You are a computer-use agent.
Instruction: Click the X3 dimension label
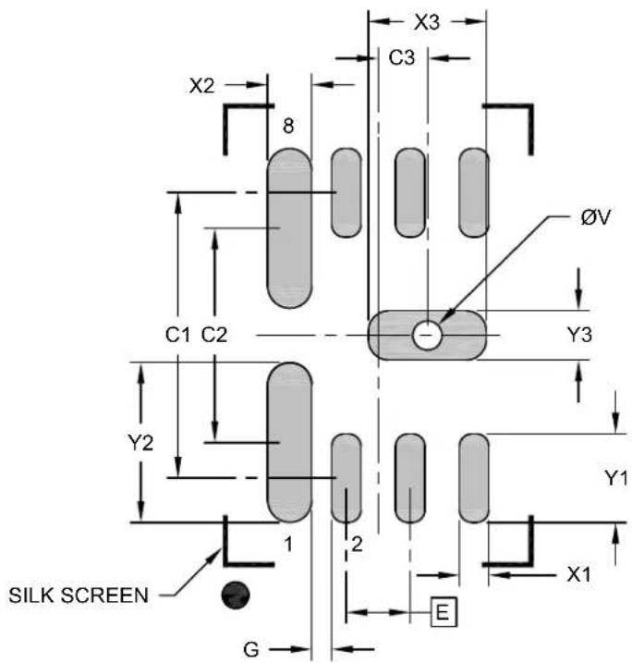427,22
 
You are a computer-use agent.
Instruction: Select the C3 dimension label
402,58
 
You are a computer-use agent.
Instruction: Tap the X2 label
202,86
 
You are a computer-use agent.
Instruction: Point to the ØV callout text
596,217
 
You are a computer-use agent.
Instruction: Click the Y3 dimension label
579,335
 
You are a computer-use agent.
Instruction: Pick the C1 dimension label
177,335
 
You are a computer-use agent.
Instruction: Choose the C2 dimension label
214,335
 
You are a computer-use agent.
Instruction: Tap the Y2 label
140,443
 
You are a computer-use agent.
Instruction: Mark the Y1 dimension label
616,478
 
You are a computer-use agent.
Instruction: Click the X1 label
578,574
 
